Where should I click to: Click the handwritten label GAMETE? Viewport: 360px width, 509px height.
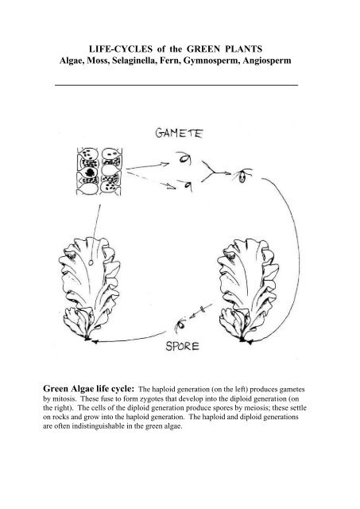point(179,133)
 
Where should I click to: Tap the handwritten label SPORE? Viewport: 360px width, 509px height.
point(182,347)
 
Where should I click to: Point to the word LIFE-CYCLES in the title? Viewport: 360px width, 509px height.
point(121,49)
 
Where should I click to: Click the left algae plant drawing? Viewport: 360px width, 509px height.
point(89,289)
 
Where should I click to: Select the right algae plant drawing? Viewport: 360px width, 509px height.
point(249,289)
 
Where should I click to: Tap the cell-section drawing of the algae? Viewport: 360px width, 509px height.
point(99,172)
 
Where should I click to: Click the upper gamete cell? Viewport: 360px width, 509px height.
point(184,159)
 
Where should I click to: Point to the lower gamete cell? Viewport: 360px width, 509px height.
point(187,186)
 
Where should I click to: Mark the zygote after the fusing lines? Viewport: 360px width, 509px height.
point(242,177)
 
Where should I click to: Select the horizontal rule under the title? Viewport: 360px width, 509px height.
point(176,85)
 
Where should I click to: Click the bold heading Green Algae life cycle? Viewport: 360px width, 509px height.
point(88,389)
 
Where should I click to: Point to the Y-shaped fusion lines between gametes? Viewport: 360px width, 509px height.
point(214,171)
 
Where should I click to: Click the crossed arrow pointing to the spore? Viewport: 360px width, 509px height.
point(201,310)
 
